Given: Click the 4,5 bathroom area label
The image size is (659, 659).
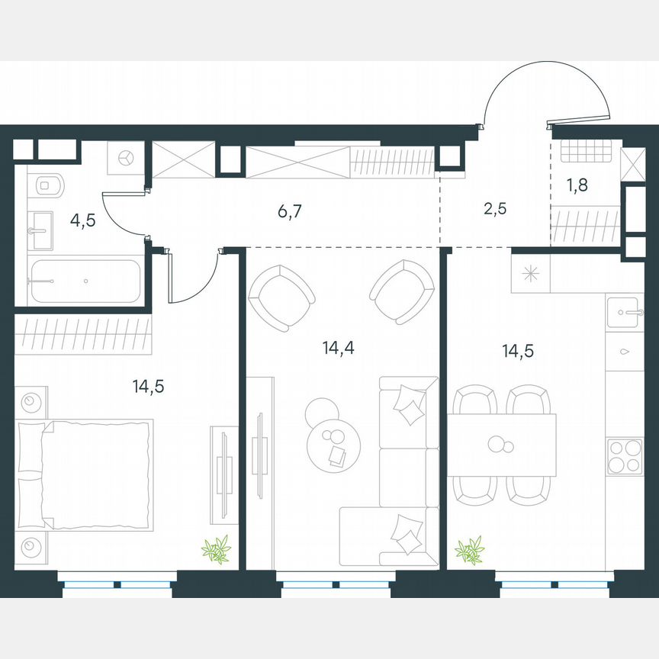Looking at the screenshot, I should click(x=84, y=220).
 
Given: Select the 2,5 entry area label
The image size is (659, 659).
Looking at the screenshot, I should click(x=497, y=208).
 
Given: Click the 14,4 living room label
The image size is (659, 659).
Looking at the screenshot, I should click(x=339, y=349).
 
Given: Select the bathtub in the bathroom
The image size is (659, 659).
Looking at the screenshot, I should click(x=85, y=282).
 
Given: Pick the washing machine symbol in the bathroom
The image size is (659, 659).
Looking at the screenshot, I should click(x=126, y=158).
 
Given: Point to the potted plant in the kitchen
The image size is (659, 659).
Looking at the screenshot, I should click(x=469, y=550).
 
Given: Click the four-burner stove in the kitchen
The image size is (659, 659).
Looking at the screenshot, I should click(x=625, y=457).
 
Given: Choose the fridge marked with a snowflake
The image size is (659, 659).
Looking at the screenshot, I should click(x=530, y=274).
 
